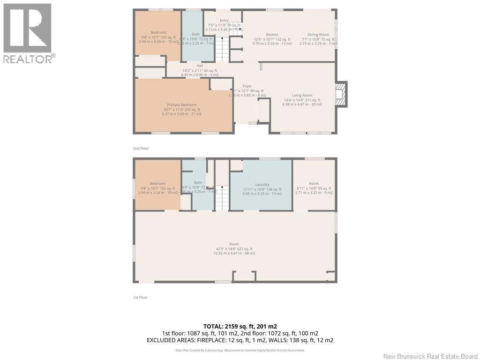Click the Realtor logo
(28, 33)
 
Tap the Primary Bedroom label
(181, 105)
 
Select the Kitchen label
(272, 35)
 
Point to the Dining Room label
(318, 35)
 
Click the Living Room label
(301, 96)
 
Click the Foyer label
(247, 86)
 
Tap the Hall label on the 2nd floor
(200, 66)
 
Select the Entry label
(224, 21)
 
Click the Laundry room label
(262, 185)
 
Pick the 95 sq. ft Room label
(314, 184)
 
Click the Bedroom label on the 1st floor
(157, 184)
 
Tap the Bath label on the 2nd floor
(195, 34)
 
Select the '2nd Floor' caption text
(141, 149)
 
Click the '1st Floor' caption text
(141, 297)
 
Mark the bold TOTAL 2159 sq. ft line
(240, 326)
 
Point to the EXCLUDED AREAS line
(240, 340)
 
